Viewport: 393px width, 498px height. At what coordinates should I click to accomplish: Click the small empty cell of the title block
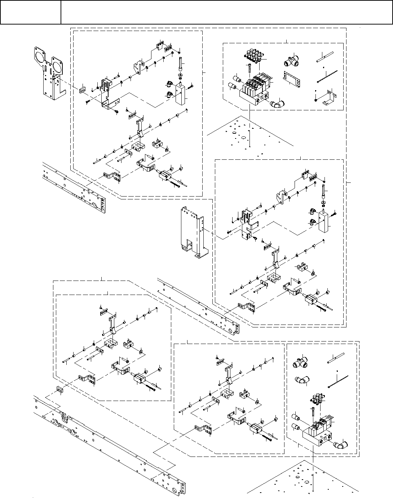click(x=30, y=12)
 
